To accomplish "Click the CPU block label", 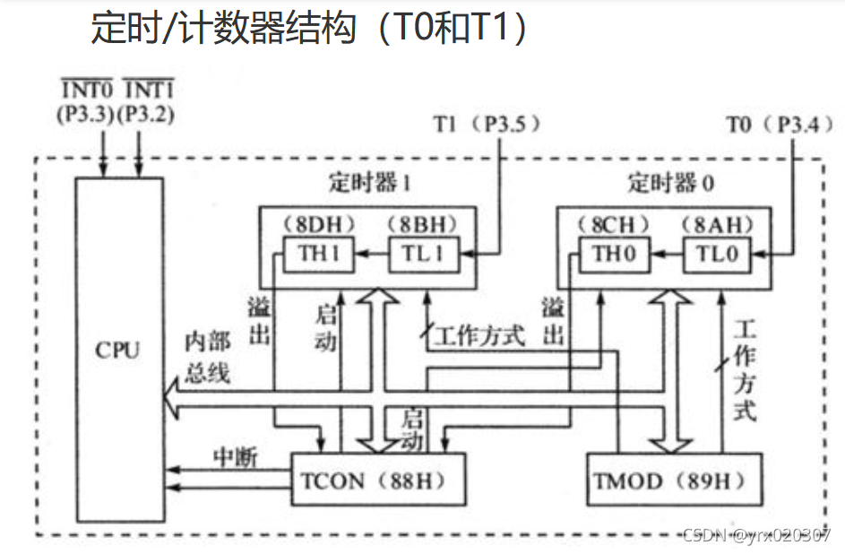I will coord(118,349).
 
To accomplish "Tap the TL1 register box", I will coord(423,254).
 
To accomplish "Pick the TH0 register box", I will coord(615,254).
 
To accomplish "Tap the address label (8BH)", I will coord(422,223).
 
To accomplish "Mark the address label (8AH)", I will coord(716,223).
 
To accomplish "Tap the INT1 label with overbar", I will coord(146,91).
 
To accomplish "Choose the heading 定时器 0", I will coord(670,185).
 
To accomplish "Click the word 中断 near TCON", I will coord(235,457).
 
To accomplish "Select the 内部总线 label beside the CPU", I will coord(208,358).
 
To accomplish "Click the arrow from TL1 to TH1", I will coord(367,255).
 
